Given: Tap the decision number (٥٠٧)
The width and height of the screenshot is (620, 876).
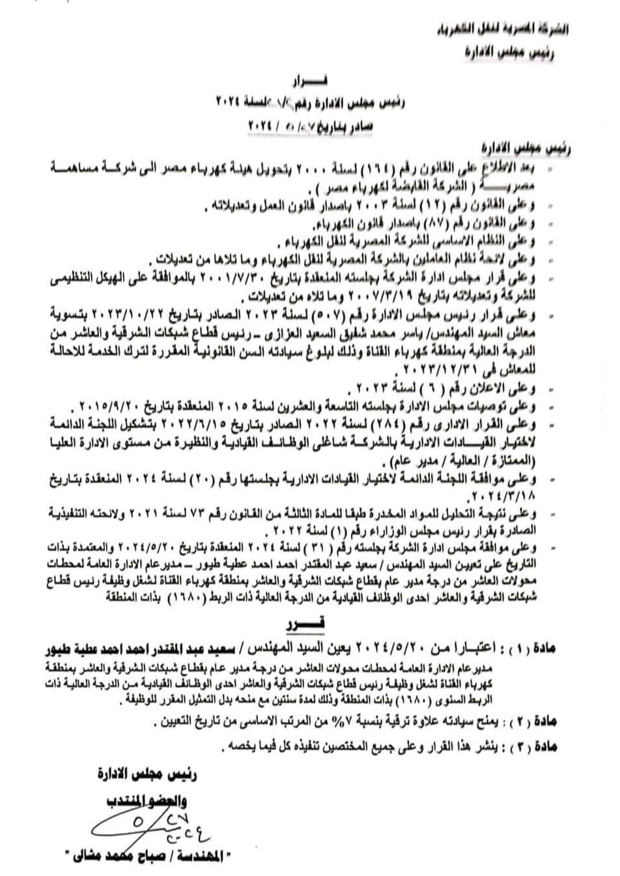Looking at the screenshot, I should pos(374,316).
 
